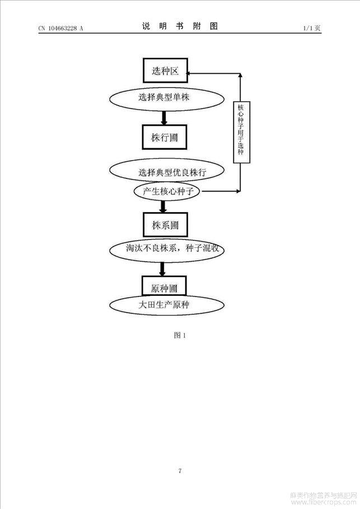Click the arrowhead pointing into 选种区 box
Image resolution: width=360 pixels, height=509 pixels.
point(190,74)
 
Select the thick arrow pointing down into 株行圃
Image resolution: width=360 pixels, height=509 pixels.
point(164,118)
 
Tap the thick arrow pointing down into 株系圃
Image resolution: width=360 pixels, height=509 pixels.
point(163,207)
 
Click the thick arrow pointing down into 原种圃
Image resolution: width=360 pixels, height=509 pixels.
point(162,269)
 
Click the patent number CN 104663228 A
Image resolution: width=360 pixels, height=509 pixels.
point(61,28)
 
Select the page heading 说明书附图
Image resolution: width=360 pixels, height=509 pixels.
point(180,26)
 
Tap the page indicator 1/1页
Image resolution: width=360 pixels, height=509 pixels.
point(312,28)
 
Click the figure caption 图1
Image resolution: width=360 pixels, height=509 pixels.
point(180,335)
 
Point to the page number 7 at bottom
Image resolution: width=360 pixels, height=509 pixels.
point(180,471)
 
